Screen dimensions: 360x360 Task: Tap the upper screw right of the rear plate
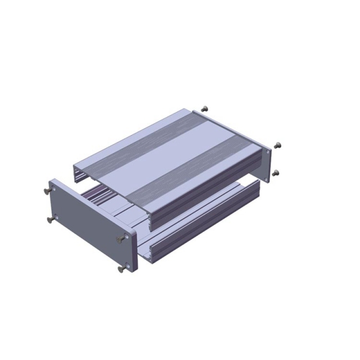(x=276, y=145)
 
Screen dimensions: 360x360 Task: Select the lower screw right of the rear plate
(x=275, y=173)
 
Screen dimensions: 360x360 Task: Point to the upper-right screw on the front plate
(x=119, y=240)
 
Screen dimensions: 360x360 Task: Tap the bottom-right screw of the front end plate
(x=121, y=269)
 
